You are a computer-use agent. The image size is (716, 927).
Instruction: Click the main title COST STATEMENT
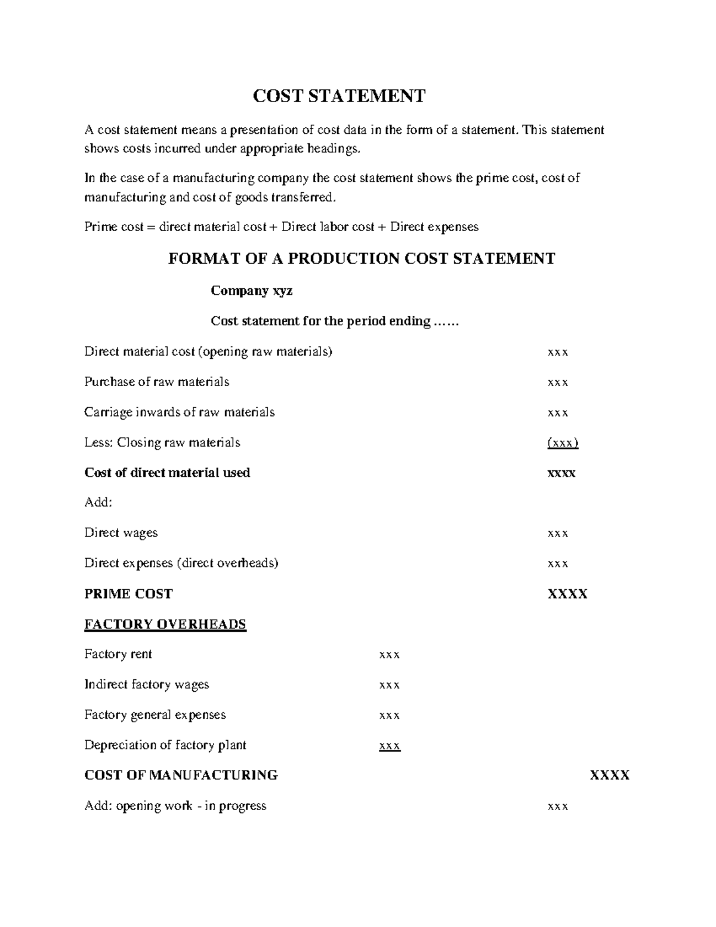(x=339, y=96)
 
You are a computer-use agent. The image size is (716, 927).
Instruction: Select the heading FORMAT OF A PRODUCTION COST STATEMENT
(x=362, y=258)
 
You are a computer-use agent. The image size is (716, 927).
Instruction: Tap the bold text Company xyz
(x=251, y=291)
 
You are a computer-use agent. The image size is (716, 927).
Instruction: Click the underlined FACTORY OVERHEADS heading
(x=165, y=624)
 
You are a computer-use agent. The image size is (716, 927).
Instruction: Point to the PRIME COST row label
(x=128, y=594)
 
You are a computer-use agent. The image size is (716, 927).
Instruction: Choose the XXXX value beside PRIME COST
(x=567, y=594)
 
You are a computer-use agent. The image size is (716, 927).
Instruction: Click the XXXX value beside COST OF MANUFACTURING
(x=610, y=775)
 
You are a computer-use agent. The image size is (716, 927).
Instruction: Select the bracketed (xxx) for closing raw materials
(x=563, y=443)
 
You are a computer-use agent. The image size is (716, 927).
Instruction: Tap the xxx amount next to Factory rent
(x=390, y=655)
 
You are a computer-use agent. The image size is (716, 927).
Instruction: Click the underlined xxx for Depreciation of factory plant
(x=390, y=746)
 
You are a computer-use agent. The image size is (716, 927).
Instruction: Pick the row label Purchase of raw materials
(x=157, y=382)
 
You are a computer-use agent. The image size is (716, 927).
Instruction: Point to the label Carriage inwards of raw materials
(x=180, y=412)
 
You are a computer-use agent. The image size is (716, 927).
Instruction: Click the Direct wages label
(x=121, y=533)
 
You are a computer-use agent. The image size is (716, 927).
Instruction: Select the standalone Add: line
(x=98, y=503)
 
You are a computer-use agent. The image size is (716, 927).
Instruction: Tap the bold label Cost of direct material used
(x=167, y=473)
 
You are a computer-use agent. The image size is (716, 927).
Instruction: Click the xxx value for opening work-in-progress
(x=558, y=806)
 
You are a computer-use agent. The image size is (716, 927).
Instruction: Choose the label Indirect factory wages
(x=147, y=685)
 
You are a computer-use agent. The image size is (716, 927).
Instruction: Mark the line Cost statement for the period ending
(x=335, y=321)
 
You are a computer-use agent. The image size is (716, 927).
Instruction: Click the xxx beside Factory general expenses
(x=390, y=715)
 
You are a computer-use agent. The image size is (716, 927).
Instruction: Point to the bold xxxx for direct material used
(x=561, y=473)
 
